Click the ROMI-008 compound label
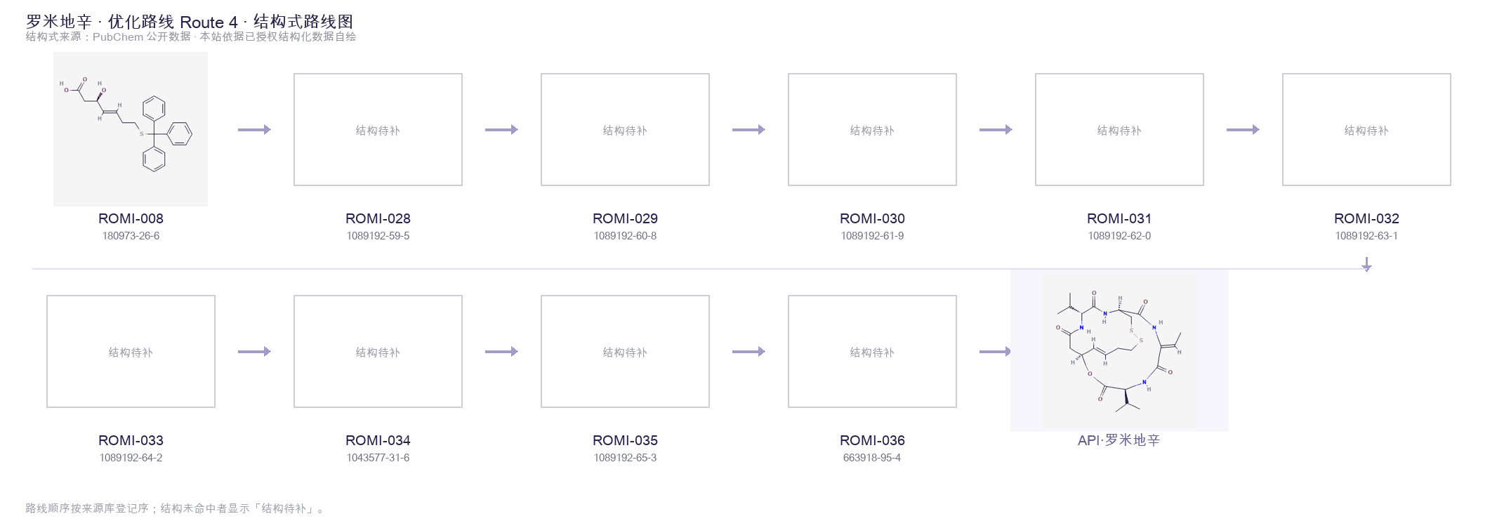pyautogui.click(x=131, y=218)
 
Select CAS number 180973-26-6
pyautogui.click(x=131, y=236)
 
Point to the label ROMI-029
pyautogui.click(x=625, y=218)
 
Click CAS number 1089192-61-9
pyautogui.click(x=872, y=236)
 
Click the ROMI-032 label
pyautogui.click(x=1366, y=218)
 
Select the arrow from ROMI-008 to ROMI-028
pyautogui.click(x=254, y=129)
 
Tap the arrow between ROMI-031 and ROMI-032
pyautogui.click(x=1243, y=129)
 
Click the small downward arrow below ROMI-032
pyautogui.click(x=1366, y=265)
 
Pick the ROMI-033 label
pyautogui.click(x=131, y=440)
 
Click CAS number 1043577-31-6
pyautogui.click(x=378, y=458)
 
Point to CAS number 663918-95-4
pyautogui.click(x=872, y=458)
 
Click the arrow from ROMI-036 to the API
pyautogui.click(x=995, y=351)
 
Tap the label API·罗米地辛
pyautogui.click(x=1119, y=440)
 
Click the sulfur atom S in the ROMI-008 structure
pyautogui.click(x=142, y=133)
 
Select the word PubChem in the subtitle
pyautogui.click(x=118, y=37)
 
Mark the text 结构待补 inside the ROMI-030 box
pyautogui.click(x=872, y=131)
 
